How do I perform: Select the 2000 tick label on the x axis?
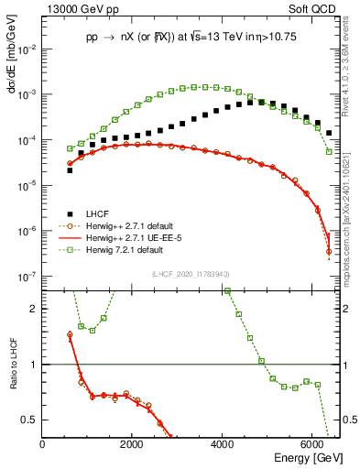132,445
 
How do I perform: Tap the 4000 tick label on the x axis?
223,445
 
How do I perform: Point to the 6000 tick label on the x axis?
312,445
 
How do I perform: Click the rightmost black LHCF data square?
329,133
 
